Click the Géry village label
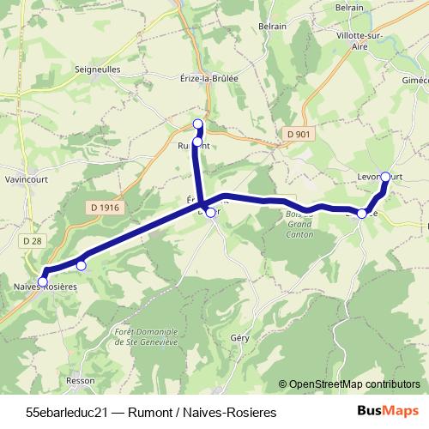tap(239, 339)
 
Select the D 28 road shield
tap(33, 241)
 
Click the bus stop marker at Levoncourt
tap(385, 177)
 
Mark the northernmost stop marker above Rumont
tap(198, 124)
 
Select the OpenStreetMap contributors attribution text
tap(349, 384)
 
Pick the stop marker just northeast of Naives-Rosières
tap(81, 265)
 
